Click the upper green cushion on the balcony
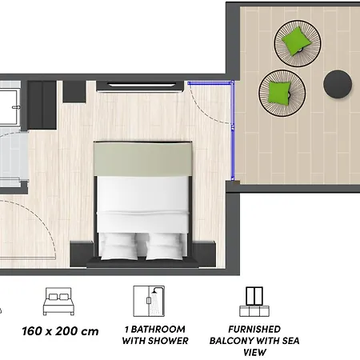coord(298,39)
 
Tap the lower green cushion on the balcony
coord(279,90)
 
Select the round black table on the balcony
coord(338,83)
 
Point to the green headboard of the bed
coord(144,158)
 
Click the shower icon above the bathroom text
coord(149,301)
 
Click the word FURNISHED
coord(255,329)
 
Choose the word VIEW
coord(255,352)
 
